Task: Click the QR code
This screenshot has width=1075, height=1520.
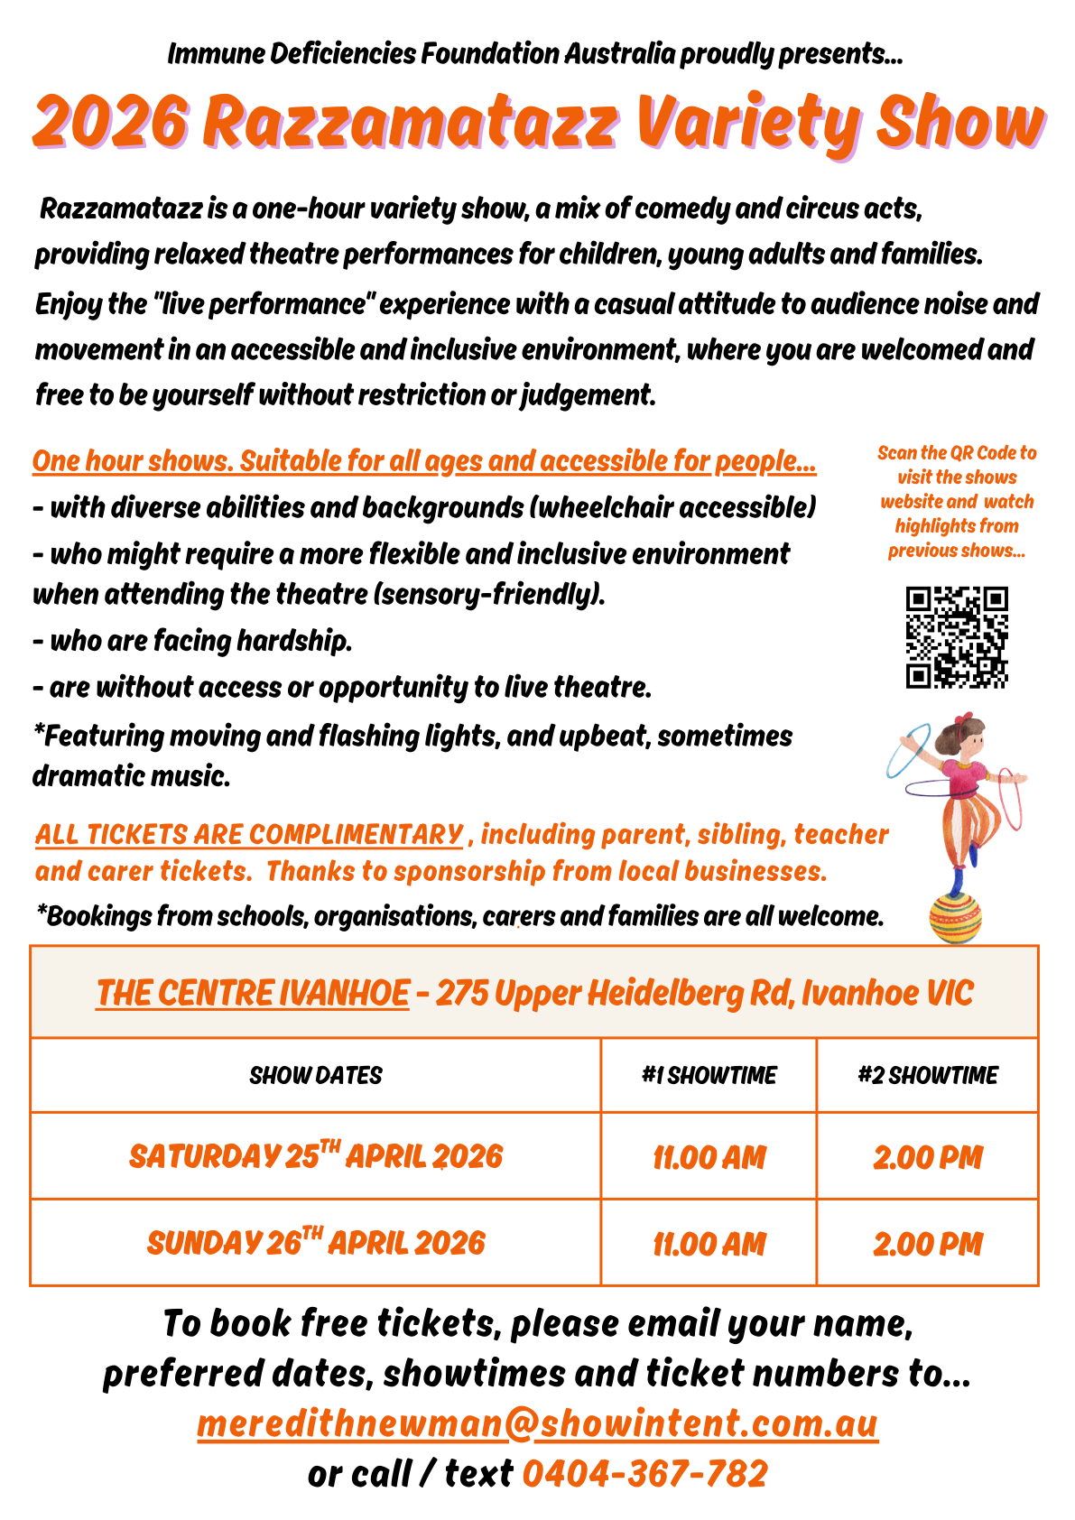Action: (x=957, y=637)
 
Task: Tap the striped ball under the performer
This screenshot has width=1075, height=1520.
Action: (x=956, y=919)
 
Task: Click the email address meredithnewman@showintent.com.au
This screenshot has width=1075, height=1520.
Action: (x=537, y=1424)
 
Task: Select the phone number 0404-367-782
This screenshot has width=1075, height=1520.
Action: (x=644, y=1474)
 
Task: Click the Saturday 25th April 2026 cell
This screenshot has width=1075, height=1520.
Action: (x=315, y=1156)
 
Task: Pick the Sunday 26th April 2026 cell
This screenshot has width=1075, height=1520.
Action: (x=315, y=1243)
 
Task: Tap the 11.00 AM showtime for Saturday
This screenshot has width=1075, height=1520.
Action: (x=709, y=1157)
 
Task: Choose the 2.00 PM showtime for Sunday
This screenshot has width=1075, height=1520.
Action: (x=927, y=1244)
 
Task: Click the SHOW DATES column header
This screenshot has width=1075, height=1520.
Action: (x=315, y=1075)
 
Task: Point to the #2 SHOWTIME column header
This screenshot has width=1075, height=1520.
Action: (x=927, y=1075)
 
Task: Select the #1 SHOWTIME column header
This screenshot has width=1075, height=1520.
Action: (x=709, y=1075)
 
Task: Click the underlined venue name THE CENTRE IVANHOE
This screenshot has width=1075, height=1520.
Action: (x=253, y=993)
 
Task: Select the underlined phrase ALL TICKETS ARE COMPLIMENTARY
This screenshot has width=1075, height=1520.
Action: (x=249, y=834)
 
